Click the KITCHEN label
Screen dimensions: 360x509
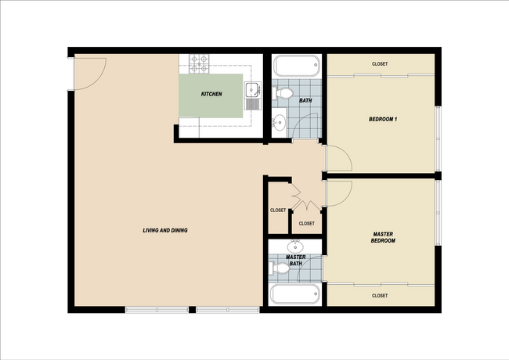click(x=211, y=94)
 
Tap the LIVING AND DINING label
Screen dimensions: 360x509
click(x=165, y=230)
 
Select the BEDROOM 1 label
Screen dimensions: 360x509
click(x=384, y=119)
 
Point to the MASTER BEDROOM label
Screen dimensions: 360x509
click(x=383, y=237)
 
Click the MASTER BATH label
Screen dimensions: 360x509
click(x=295, y=260)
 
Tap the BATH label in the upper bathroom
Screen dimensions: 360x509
click(x=305, y=101)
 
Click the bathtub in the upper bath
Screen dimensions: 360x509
click(x=296, y=66)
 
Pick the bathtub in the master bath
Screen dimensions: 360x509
click(x=295, y=295)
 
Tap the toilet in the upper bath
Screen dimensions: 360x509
click(x=283, y=95)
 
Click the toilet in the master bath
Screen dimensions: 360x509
click(x=280, y=268)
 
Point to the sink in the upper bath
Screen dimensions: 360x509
click(x=279, y=121)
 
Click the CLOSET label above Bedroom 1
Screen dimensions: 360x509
click(x=380, y=64)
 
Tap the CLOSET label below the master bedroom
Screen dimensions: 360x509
click(x=380, y=295)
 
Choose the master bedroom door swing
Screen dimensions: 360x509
click(x=338, y=193)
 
